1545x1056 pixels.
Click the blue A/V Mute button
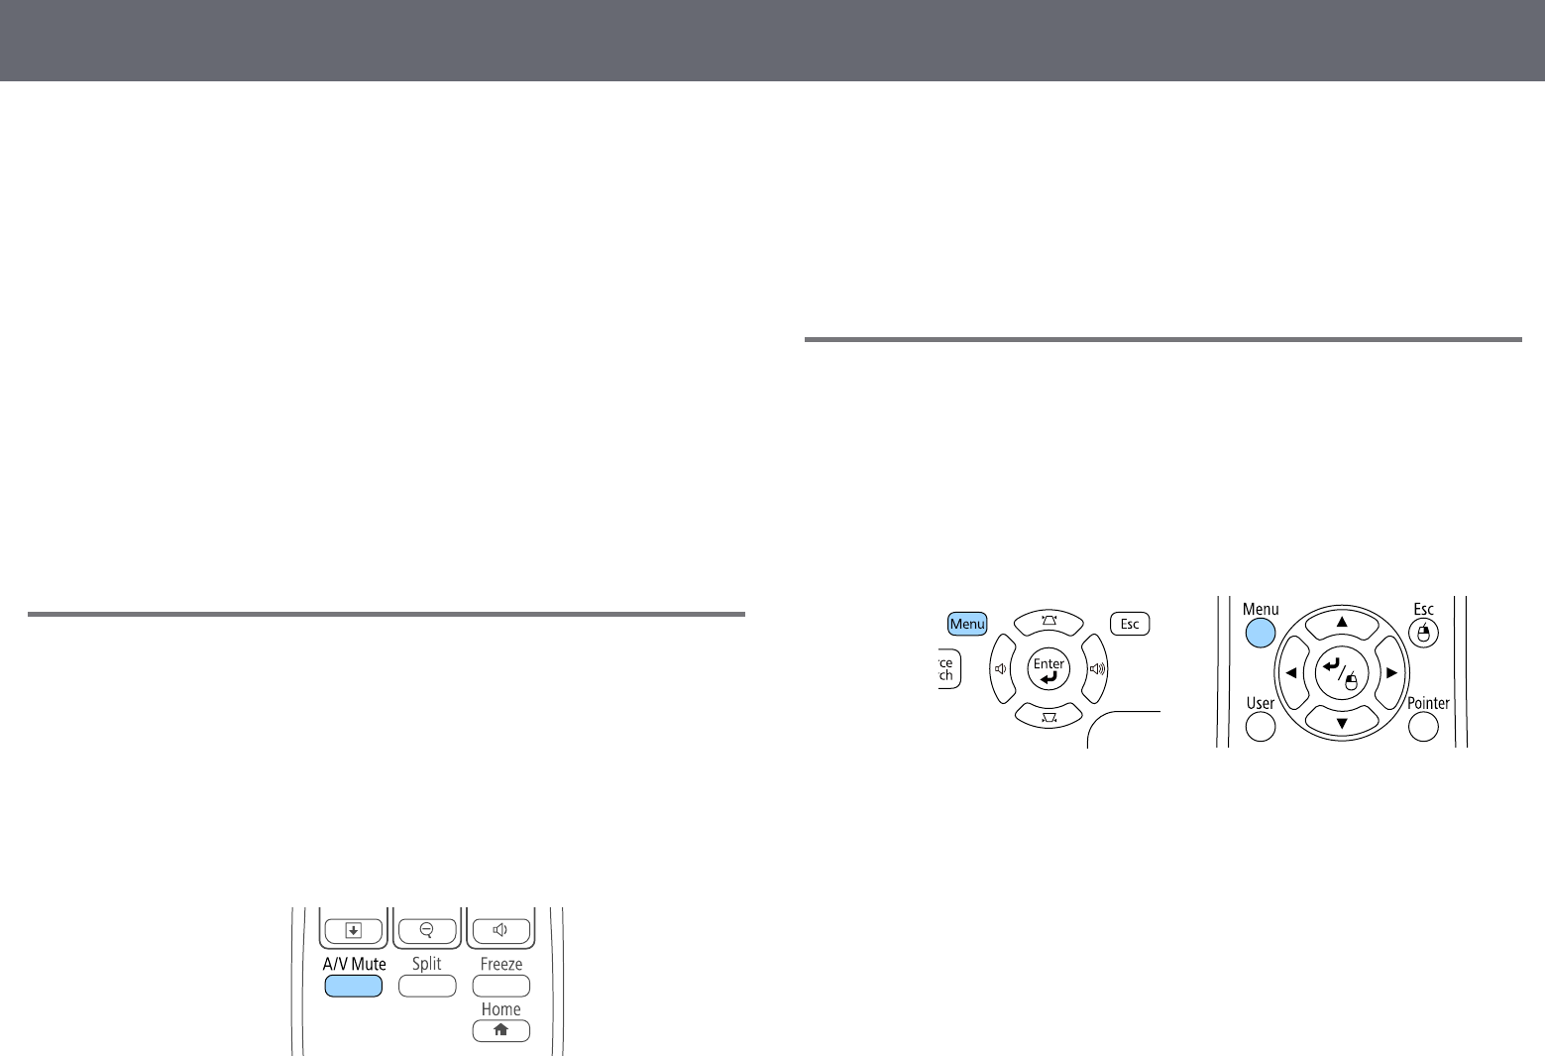point(353,986)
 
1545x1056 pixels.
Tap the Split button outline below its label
point(427,986)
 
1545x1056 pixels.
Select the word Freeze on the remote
point(501,964)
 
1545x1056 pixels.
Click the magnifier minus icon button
point(427,930)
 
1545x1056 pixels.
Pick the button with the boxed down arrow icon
point(354,930)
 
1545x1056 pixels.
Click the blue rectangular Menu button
point(967,624)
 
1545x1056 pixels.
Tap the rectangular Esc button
point(1130,624)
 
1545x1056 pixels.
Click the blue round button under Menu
point(1260,632)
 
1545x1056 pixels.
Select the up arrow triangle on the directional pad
point(1342,622)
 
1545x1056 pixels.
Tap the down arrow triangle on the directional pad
point(1342,723)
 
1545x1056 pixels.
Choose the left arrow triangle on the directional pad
point(1291,673)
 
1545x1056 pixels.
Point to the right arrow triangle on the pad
point(1392,673)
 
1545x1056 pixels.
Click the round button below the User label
point(1260,727)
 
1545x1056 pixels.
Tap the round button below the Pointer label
point(1423,727)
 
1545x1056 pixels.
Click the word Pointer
point(1428,703)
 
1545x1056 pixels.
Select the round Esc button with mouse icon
point(1423,633)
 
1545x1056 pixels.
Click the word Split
point(427,964)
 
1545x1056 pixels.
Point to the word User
point(1260,703)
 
